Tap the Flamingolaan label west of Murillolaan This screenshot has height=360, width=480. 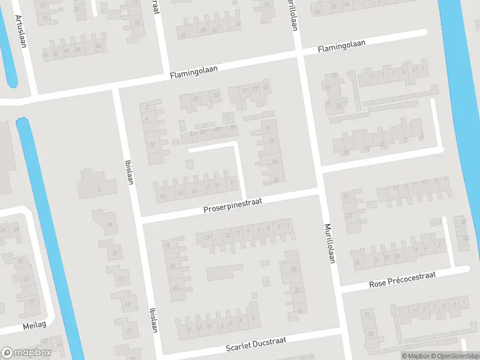[x=193, y=73]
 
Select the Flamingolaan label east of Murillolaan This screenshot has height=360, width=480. [x=342, y=46]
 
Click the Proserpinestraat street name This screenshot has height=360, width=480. [x=233, y=206]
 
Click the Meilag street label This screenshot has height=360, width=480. [x=34, y=325]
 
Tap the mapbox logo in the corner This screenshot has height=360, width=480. [x=26, y=353]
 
